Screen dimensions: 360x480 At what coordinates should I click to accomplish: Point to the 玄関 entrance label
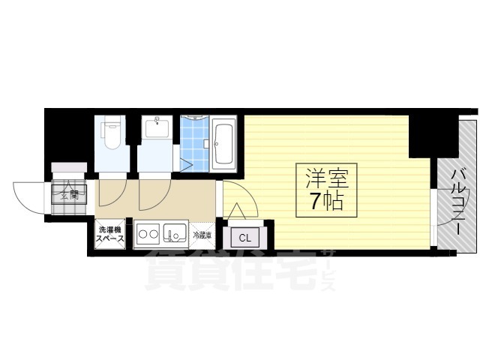click(x=69, y=196)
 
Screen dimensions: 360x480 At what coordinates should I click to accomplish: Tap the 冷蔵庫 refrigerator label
click(x=202, y=235)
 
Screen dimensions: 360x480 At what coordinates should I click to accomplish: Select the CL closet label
click(x=245, y=238)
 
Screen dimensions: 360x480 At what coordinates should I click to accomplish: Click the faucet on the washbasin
click(x=156, y=120)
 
